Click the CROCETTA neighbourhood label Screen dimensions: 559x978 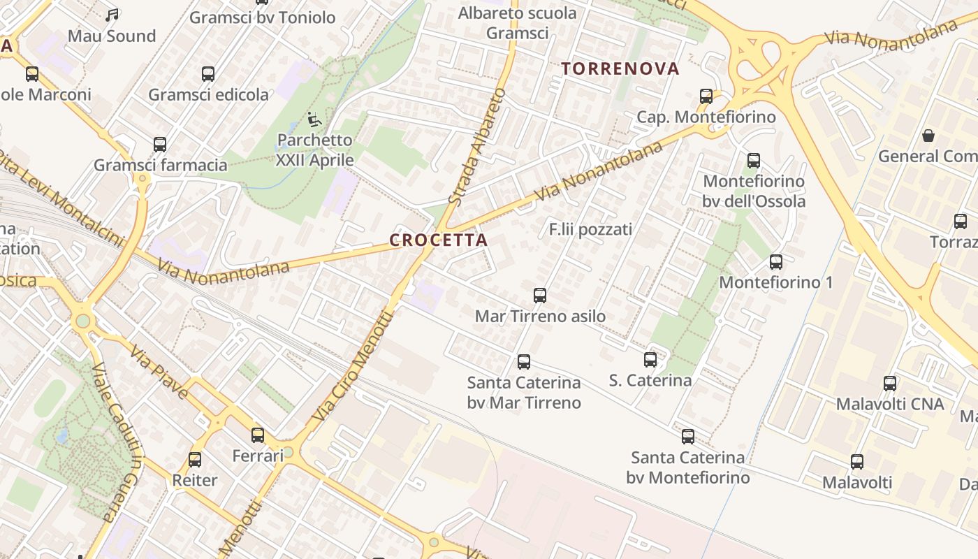pos(438,240)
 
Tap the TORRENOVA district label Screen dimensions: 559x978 pos(620,68)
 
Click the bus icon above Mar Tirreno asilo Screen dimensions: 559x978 pos(540,296)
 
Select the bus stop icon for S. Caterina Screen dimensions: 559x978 pos(650,360)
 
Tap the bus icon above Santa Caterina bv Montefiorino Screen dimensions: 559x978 pos(688,437)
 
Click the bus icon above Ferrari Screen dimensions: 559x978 pos(258,435)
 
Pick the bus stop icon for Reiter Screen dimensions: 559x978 pos(195,460)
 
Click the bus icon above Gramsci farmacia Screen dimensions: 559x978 pos(160,145)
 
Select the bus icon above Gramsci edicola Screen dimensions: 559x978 pos(208,74)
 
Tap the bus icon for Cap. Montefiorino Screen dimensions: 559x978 pos(706,96)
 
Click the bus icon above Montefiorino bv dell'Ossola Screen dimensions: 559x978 pos(754,161)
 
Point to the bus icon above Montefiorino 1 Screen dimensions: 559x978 pos(776,262)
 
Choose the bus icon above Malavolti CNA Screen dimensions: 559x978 pos(890,384)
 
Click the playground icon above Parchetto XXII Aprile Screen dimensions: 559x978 pos(314,120)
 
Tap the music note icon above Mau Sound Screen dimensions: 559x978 pos(112,15)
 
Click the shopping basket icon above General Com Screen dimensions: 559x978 pos(928,136)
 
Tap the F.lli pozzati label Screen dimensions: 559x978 pos(590,229)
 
